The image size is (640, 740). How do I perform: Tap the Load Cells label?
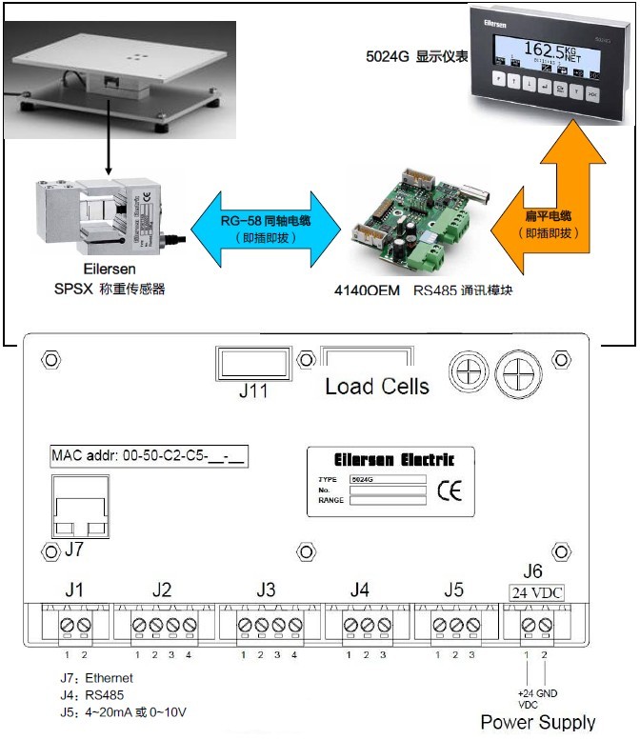point(377,387)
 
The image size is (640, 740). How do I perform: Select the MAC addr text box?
point(148,455)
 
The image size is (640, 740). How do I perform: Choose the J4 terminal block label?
point(359,590)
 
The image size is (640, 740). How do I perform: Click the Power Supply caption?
point(538,722)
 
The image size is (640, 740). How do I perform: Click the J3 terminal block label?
point(266,590)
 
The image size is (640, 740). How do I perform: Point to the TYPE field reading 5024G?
point(387,479)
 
